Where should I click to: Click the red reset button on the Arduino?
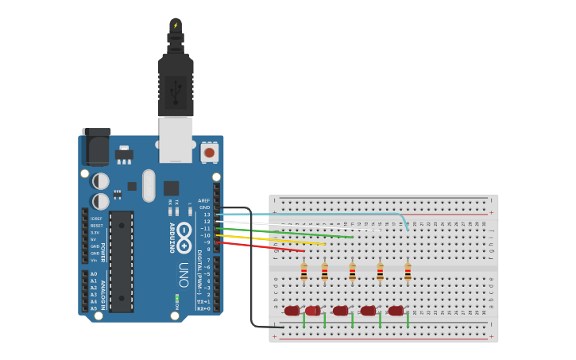coord(209,151)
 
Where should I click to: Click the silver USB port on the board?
coord(176,139)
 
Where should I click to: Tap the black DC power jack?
coord(96,149)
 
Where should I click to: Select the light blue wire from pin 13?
coord(318,214)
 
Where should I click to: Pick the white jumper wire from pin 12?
coord(302,226)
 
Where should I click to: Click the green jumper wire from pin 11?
coord(302,233)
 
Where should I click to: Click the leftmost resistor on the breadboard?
coord(303,273)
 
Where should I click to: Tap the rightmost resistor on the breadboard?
coord(408,273)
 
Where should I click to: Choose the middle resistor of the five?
coord(352,273)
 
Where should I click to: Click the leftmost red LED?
coord(292,311)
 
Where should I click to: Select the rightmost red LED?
coord(396,311)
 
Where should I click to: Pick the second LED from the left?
coord(313,311)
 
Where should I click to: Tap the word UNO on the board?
coord(184,275)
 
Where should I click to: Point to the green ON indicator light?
coord(177,297)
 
